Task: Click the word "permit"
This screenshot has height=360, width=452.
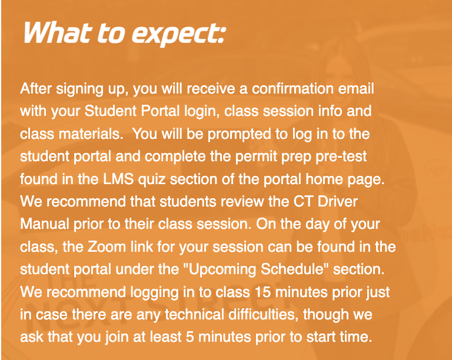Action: [x=245, y=156]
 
